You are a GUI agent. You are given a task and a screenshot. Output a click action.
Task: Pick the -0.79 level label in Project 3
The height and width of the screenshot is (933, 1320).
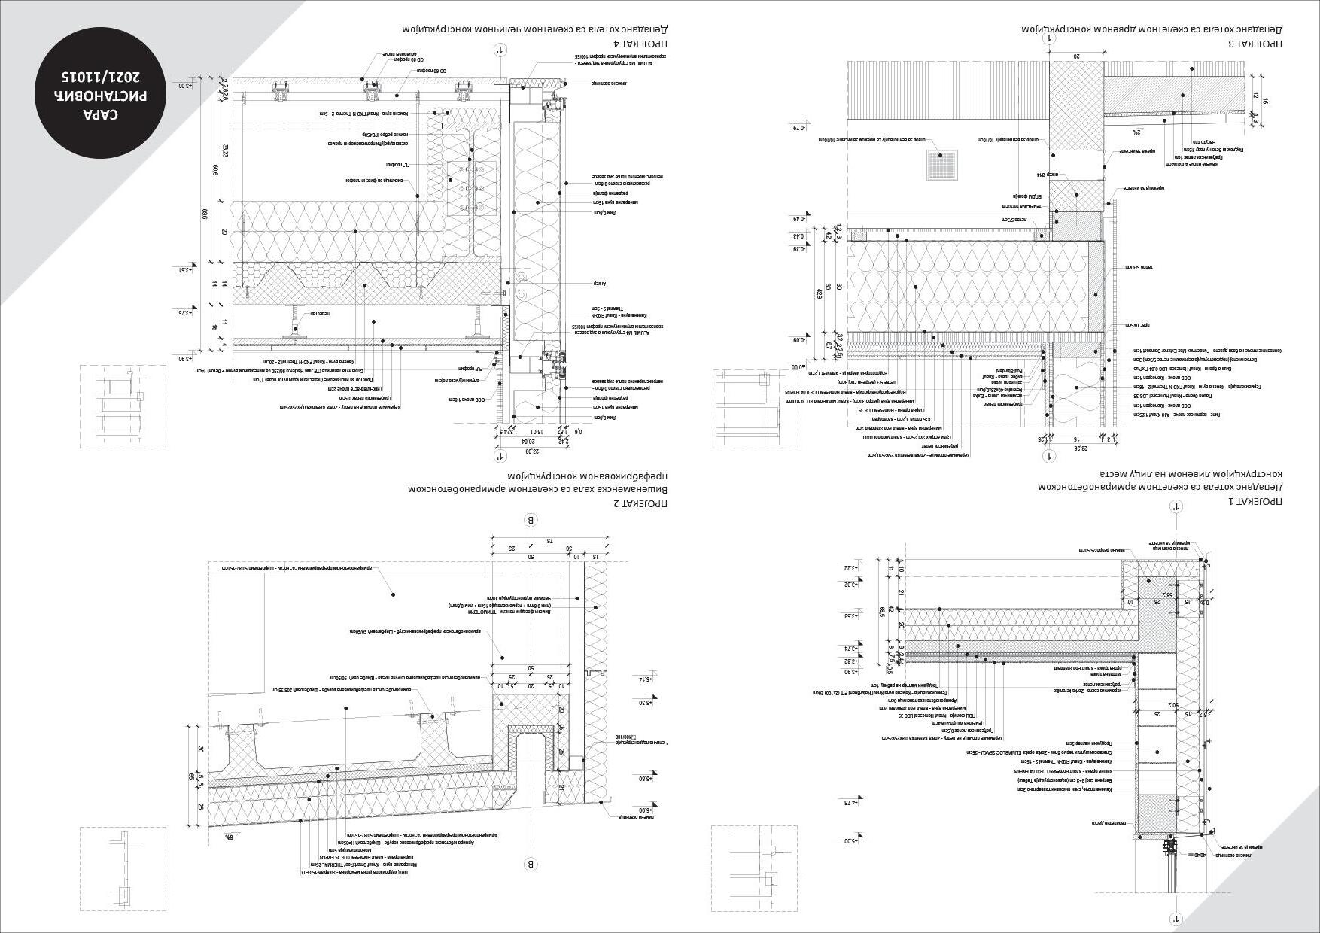(798, 128)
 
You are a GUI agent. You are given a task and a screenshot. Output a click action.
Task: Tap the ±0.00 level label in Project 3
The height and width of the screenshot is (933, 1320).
(797, 367)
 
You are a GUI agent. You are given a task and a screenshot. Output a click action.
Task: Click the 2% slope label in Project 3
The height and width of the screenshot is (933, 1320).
(1134, 132)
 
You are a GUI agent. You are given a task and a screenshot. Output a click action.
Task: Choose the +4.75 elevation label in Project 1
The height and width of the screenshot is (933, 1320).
(850, 803)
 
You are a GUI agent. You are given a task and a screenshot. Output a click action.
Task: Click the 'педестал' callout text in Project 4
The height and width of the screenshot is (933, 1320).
(321, 312)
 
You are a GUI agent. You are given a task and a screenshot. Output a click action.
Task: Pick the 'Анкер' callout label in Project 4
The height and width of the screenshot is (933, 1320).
(599, 284)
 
